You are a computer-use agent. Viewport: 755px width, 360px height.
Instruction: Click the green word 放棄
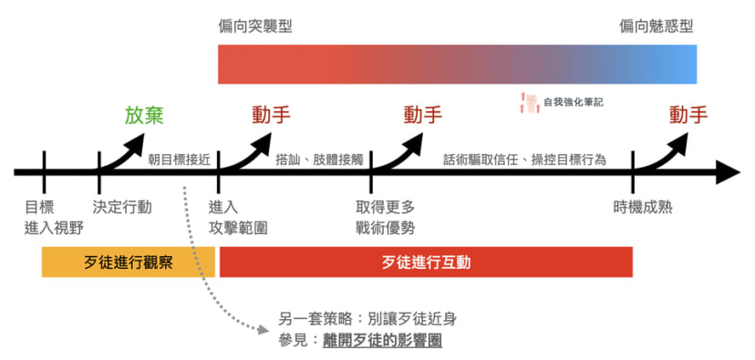[144, 116]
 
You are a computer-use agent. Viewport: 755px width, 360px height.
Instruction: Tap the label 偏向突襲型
[255, 26]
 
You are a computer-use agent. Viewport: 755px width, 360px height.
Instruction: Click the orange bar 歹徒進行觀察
[128, 262]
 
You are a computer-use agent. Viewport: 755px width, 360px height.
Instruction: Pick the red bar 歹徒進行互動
[426, 262]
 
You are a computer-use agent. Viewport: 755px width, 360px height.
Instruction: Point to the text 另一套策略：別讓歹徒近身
[367, 319]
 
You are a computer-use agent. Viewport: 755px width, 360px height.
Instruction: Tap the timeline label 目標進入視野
[45, 217]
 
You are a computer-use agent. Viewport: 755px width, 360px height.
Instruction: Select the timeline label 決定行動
[122, 207]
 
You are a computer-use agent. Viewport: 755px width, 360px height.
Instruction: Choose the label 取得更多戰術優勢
[385, 217]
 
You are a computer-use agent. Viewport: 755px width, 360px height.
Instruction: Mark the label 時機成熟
[643, 207]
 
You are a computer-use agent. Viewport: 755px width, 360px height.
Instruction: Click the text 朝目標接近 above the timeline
[179, 159]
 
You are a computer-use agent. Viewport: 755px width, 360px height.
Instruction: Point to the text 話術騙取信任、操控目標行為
[537, 159]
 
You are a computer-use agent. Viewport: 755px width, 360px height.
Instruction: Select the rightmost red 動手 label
[688, 116]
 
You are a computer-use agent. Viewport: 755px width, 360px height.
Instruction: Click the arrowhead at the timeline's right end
[728, 171]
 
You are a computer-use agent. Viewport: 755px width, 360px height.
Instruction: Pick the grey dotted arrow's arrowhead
[266, 324]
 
